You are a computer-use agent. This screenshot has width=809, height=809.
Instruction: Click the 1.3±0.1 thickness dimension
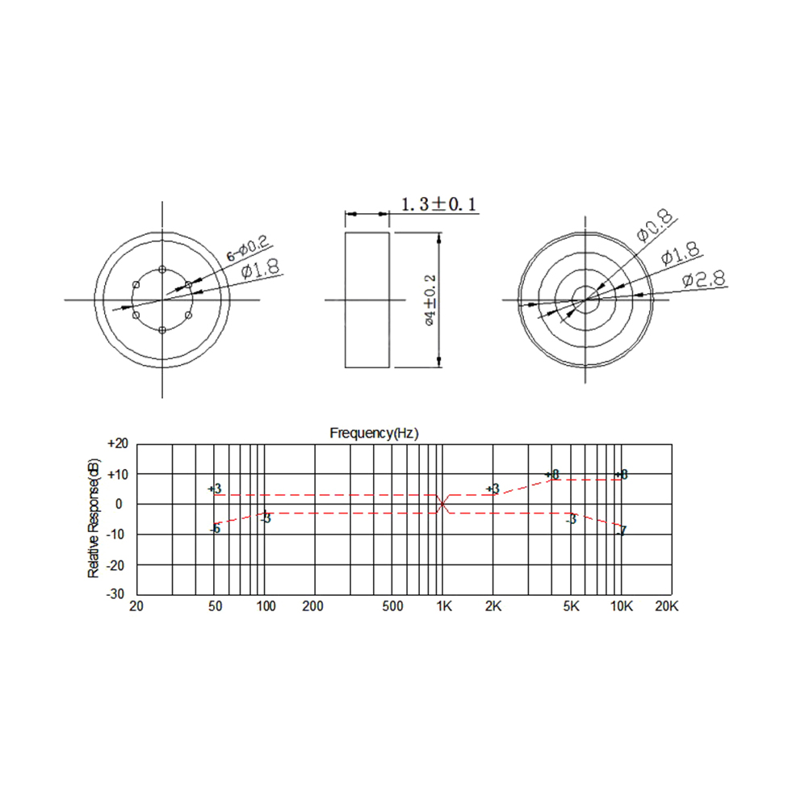(438, 204)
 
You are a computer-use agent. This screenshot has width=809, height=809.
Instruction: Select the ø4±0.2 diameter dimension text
(430, 300)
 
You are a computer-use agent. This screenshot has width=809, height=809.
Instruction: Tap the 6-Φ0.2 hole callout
(248, 248)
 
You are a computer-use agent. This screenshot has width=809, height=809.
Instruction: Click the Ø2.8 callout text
(704, 279)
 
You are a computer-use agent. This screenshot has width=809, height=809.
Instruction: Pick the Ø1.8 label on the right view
(680, 253)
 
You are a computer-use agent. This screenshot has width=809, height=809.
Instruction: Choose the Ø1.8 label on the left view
(261, 269)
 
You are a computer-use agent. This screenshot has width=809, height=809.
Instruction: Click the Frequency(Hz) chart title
(374, 433)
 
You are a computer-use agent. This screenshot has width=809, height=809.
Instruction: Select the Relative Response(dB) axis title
(94, 518)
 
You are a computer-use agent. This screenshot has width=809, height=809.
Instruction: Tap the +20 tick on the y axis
(118, 444)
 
